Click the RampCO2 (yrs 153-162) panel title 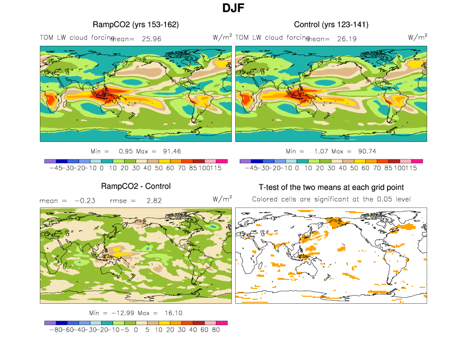136,24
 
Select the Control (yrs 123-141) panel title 331,24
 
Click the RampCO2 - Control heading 136,186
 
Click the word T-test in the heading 273,187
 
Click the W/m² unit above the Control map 417,37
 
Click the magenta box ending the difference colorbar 222,323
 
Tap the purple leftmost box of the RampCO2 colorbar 50,161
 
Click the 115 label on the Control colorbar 411,168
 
